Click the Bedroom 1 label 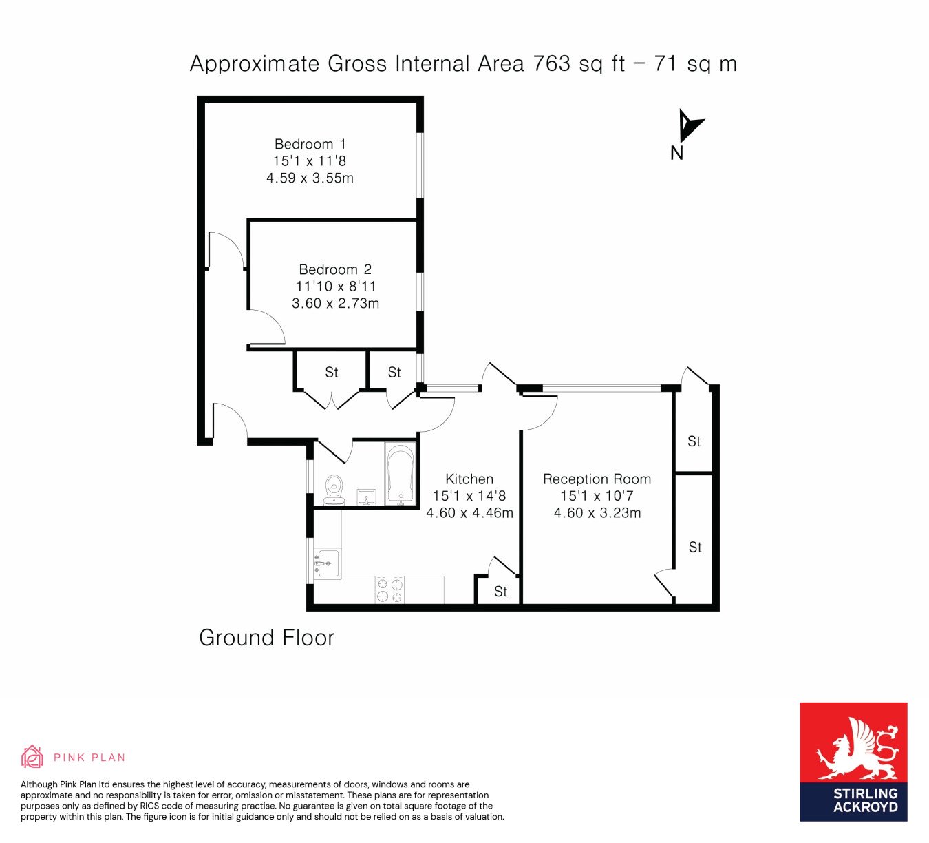click(x=310, y=144)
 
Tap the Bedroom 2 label click(x=335, y=269)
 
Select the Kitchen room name click(x=469, y=479)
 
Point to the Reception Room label click(x=597, y=479)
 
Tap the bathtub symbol click(x=401, y=474)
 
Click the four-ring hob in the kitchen click(x=389, y=590)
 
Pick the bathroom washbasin click(x=366, y=497)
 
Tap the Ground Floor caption click(x=266, y=638)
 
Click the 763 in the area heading click(x=552, y=64)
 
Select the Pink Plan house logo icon click(x=32, y=757)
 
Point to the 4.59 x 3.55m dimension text click(x=310, y=178)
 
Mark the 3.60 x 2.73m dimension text click(x=335, y=303)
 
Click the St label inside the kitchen click(x=500, y=592)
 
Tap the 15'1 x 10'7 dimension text click(x=597, y=496)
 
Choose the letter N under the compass click(x=676, y=153)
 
